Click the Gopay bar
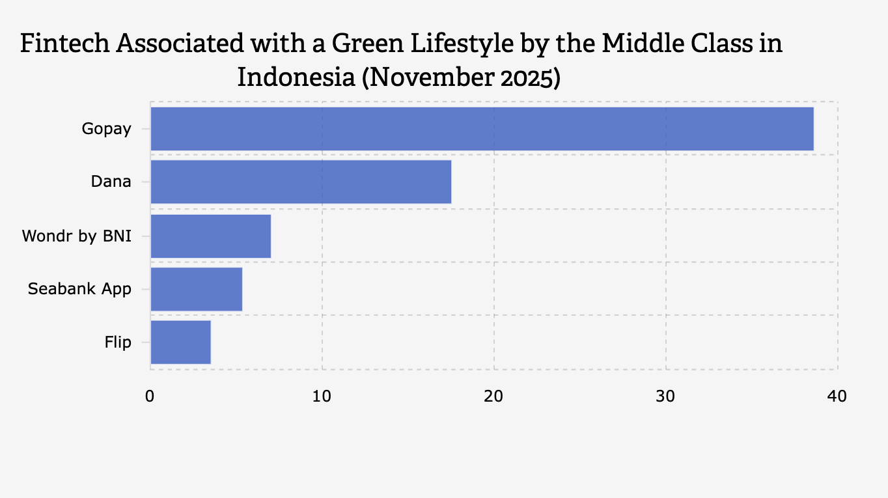(x=482, y=129)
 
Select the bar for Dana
(x=301, y=182)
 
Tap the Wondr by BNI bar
(x=210, y=236)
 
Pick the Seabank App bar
(x=196, y=289)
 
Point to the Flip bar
(x=180, y=342)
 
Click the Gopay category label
(x=106, y=129)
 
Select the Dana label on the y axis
(x=111, y=182)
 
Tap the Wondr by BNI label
(x=77, y=236)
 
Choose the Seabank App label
(x=79, y=289)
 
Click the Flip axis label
(x=118, y=342)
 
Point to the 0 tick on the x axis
(x=150, y=396)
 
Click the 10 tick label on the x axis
(x=322, y=396)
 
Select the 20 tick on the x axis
(x=493, y=396)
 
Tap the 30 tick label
(x=665, y=396)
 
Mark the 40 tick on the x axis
(x=837, y=396)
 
